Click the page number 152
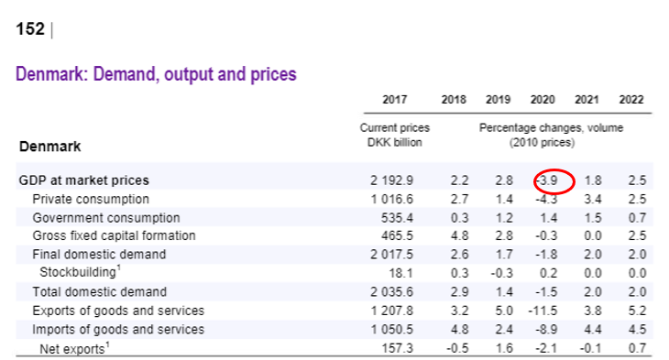pyautogui.click(x=30, y=29)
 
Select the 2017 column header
pyautogui.click(x=395, y=99)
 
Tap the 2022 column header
pyautogui.click(x=631, y=99)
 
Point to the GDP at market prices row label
pyautogui.click(x=83, y=180)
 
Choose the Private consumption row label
pyautogui.click(x=90, y=199)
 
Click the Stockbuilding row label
pyautogui.click(x=81, y=273)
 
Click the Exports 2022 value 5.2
pyautogui.click(x=636, y=311)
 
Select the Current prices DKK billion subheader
pyautogui.click(x=394, y=136)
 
